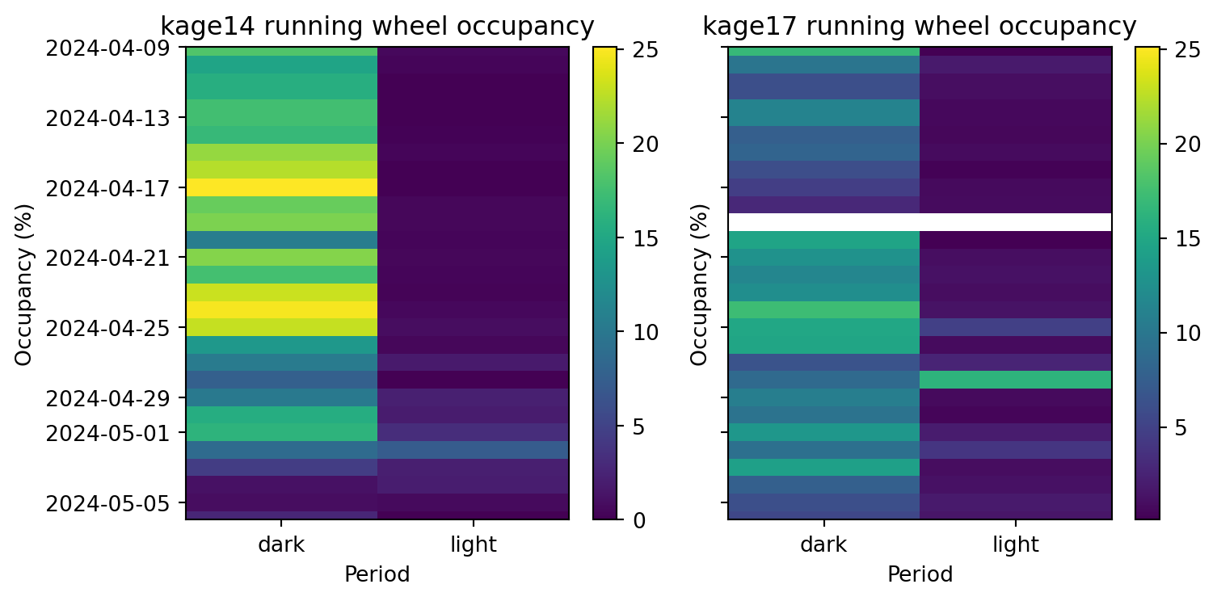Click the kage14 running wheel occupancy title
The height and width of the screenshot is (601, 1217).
pos(377,27)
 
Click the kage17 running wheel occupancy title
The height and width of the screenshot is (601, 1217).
pos(919,27)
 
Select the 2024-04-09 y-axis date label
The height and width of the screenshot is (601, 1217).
pos(107,48)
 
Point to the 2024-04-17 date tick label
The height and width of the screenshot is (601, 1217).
pos(107,188)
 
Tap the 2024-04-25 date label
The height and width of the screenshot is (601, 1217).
pos(107,328)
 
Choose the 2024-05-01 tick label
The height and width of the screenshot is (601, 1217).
pos(107,433)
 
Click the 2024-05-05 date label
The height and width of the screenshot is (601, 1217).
pos(107,503)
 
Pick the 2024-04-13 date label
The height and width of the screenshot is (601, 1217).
pos(107,119)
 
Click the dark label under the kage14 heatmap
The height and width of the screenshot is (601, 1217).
pos(281,545)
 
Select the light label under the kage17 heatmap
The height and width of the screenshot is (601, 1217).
pos(1015,545)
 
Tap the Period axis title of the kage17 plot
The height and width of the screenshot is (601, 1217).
pos(920,574)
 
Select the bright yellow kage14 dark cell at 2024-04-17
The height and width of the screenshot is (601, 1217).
pos(282,187)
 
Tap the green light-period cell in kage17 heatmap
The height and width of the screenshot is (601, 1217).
pos(1015,380)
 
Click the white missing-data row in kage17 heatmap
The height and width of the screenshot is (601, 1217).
pos(920,221)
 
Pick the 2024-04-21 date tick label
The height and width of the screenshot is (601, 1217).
pos(107,258)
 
